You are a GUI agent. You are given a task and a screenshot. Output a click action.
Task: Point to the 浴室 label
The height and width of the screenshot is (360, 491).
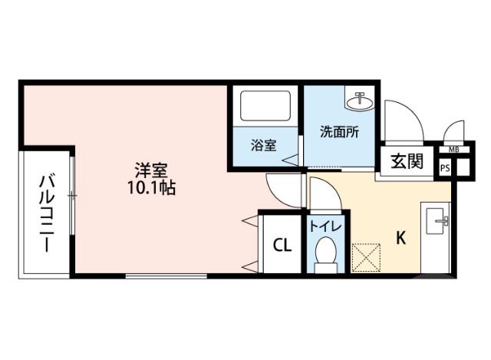pyautogui.click(x=264, y=145)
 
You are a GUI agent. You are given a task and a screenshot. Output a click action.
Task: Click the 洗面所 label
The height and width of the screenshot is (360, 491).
pyautogui.click(x=338, y=130)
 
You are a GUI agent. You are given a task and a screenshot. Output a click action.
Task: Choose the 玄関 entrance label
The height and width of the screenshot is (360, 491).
pyautogui.click(x=406, y=162)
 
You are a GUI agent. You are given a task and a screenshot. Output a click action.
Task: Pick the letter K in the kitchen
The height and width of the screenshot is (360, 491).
pyautogui.click(x=400, y=238)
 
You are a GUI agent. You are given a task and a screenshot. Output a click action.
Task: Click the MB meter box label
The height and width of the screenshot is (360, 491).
pyautogui.click(x=453, y=150)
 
